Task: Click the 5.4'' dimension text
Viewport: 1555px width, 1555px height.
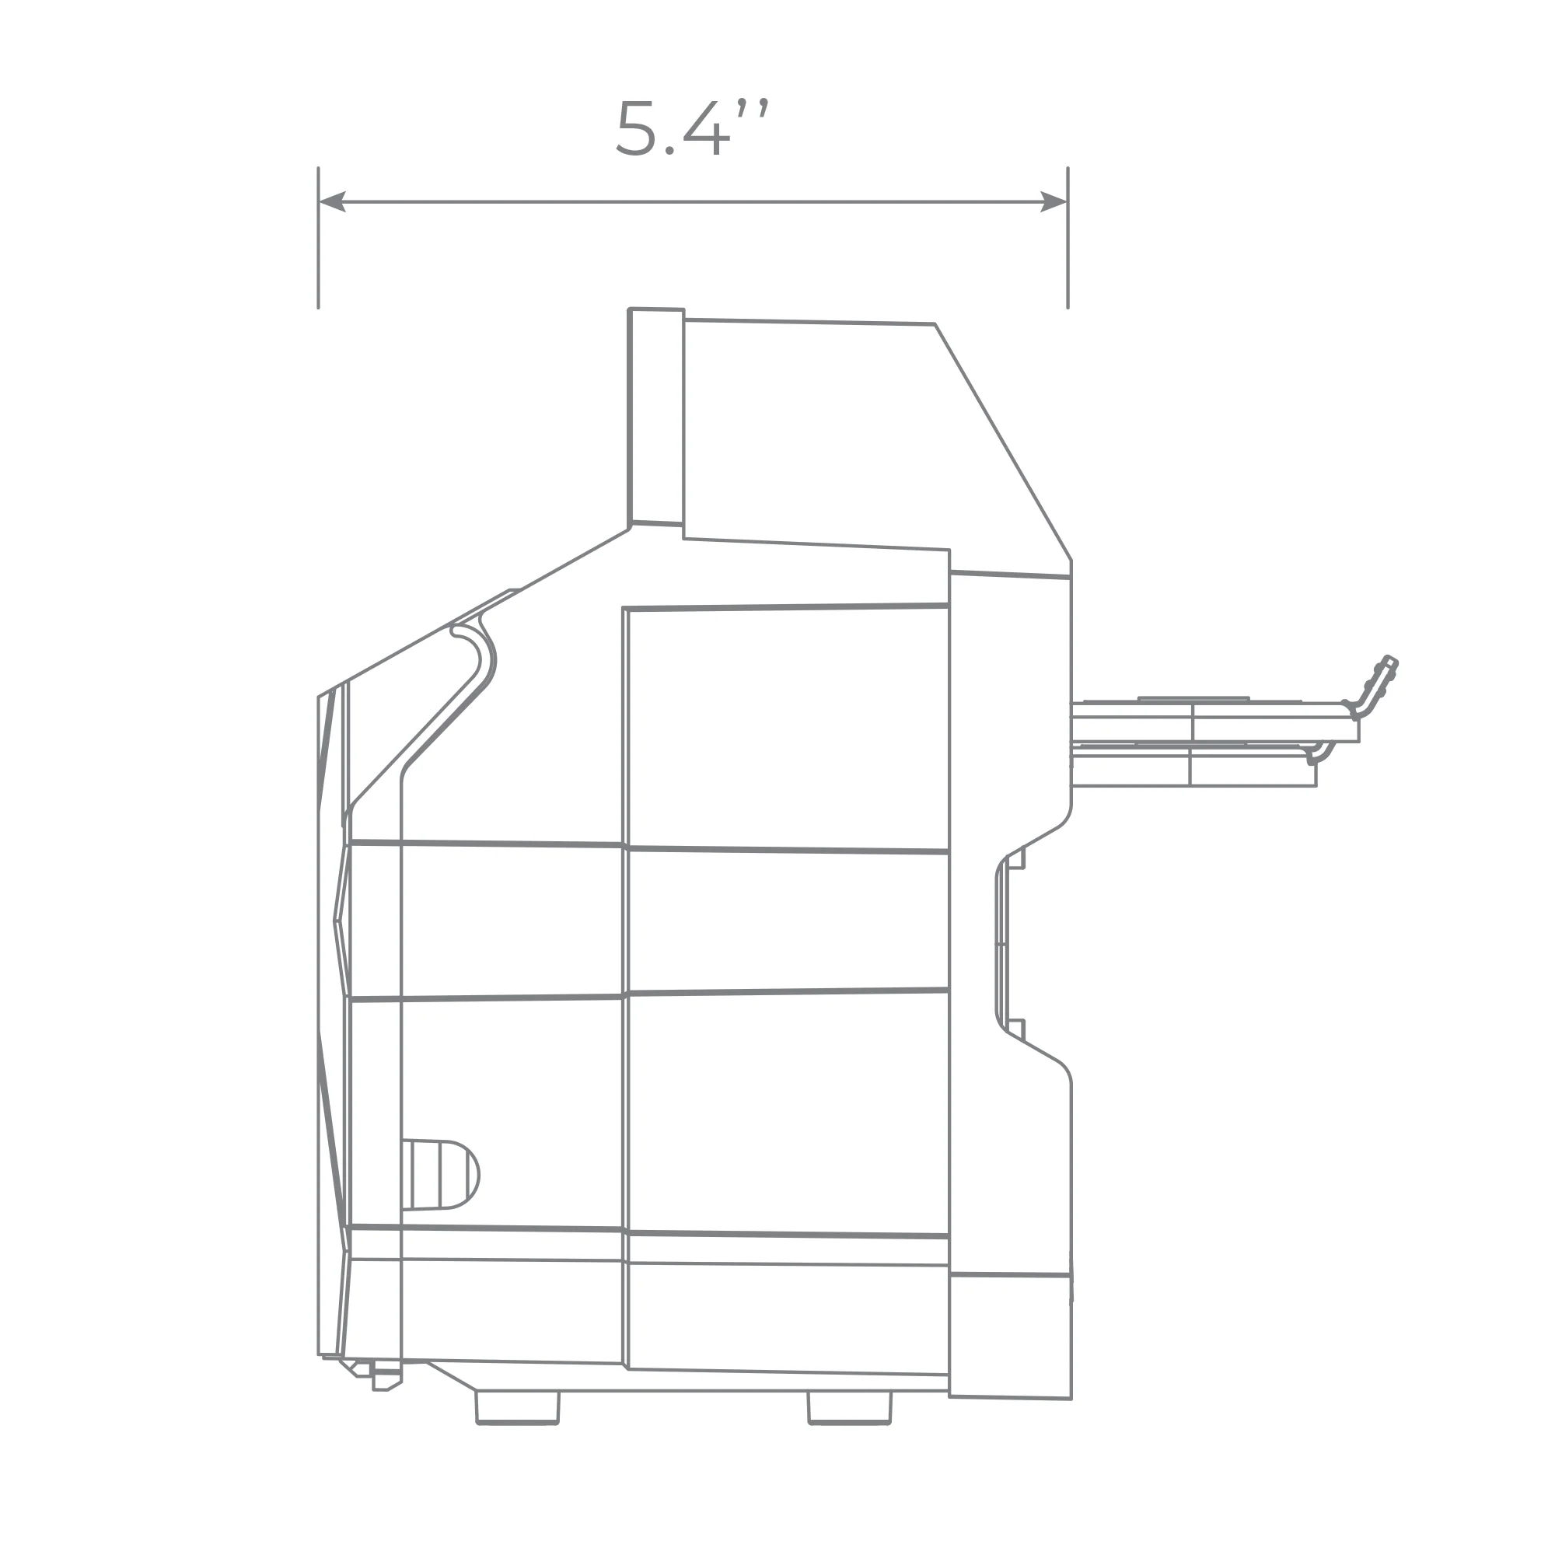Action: (691, 128)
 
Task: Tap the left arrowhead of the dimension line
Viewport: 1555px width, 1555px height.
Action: (333, 202)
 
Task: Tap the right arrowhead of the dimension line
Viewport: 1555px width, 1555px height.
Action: (1054, 202)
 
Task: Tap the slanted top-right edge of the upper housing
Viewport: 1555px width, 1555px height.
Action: (1003, 442)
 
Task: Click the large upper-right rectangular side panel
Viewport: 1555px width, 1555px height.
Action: (788, 728)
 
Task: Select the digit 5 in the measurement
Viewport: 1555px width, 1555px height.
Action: (637, 128)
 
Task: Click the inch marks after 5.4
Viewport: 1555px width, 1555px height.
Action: (753, 109)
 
